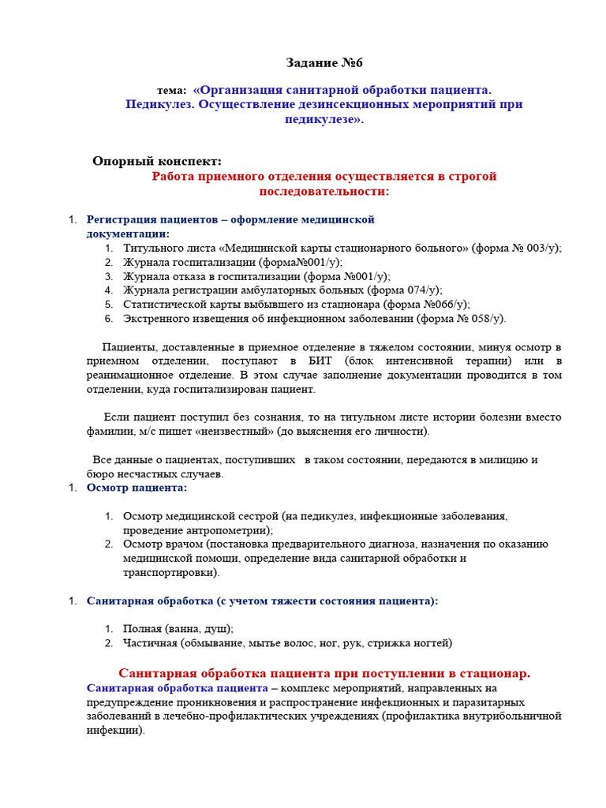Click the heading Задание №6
(x=324, y=63)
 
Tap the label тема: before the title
(x=172, y=91)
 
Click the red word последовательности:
(x=324, y=191)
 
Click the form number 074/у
(x=421, y=290)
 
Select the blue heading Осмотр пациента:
(x=137, y=488)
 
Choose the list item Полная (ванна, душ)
(x=178, y=629)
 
